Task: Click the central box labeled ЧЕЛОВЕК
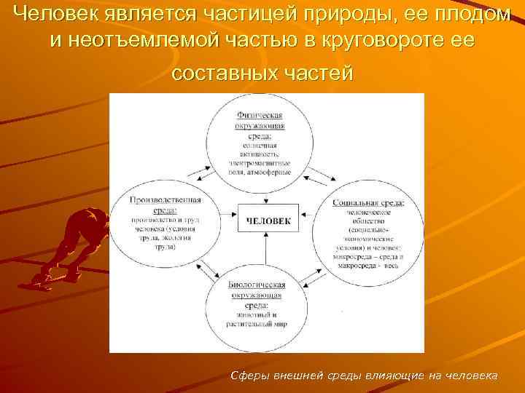(268, 221)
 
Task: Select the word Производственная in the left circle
(166, 199)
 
